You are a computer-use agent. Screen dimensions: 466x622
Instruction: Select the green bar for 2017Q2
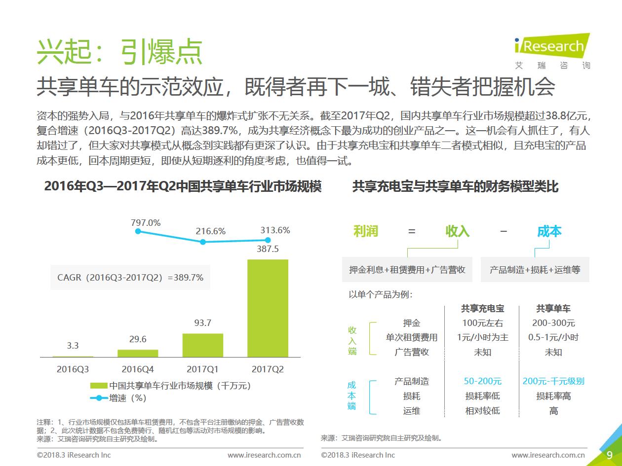(x=268, y=308)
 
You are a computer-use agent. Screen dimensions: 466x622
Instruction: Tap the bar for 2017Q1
(x=202, y=345)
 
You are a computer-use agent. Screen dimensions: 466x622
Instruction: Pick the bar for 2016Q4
(x=138, y=353)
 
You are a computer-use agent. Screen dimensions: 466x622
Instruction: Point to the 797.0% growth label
(x=146, y=222)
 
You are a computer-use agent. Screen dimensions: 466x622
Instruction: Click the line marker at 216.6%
(x=202, y=242)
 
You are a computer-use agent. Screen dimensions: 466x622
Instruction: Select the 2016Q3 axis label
(x=73, y=369)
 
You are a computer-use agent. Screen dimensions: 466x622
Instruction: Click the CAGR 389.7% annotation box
(x=130, y=278)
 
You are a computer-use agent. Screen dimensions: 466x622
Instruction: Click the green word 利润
(x=366, y=231)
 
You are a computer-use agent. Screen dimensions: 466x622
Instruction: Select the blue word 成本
(x=549, y=231)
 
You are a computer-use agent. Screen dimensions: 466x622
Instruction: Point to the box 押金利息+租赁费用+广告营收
(x=407, y=270)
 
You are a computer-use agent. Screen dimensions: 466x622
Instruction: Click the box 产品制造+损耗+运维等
(x=535, y=270)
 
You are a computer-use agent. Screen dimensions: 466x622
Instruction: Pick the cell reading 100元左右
(x=482, y=323)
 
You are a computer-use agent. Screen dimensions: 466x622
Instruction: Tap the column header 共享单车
(x=553, y=309)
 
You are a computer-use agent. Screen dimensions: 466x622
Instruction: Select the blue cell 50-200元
(x=482, y=381)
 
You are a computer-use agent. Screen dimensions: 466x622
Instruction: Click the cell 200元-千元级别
(x=553, y=381)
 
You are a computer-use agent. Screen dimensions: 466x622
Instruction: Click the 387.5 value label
(x=268, y=249)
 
